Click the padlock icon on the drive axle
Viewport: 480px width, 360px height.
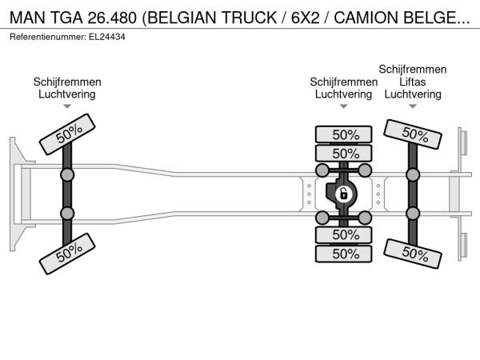(344, 194)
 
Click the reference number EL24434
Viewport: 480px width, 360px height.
(107, 37)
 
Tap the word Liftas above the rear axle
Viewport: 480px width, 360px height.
(412, 82)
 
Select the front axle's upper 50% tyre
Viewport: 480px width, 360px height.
(67, 134)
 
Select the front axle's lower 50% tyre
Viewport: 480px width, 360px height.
(67, 254)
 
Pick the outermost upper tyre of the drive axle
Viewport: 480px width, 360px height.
(343, 134)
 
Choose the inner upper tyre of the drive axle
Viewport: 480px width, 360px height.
(343, 154)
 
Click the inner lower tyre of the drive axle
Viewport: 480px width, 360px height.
(343, 235)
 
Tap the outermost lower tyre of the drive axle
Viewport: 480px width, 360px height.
(343, 254)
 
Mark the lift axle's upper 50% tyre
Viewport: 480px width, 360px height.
(413, 134)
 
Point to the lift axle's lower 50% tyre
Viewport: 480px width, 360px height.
(413, 254)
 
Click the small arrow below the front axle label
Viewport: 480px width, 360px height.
(67, 106)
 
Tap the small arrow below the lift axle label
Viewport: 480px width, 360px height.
(413, 106)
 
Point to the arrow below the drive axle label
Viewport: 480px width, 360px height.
(343, 106)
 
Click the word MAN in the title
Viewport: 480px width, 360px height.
(27, 18)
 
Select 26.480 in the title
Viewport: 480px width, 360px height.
(112, 18)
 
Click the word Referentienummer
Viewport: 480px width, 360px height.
(48, 37)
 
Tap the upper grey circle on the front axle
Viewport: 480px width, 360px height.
(67, 175)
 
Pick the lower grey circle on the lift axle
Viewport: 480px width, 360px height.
(413, 214)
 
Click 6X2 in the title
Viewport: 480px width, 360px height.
(305, 18)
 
